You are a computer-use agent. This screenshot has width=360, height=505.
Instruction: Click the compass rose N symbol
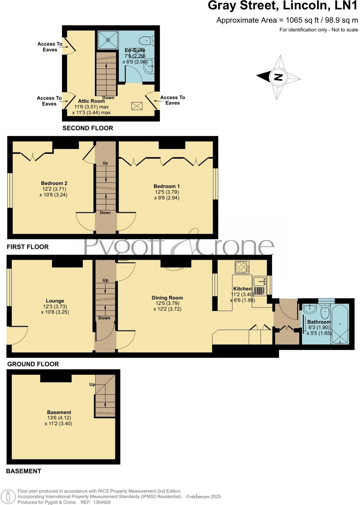[x=278, y=77]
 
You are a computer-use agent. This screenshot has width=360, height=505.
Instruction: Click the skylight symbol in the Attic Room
[x=137, y=106]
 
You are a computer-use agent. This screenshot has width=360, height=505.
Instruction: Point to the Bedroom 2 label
[x=54, y=183]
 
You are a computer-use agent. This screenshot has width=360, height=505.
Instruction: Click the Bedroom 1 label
[x=166, y=186]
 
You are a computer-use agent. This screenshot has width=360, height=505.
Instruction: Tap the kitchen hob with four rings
[x=242, y=267]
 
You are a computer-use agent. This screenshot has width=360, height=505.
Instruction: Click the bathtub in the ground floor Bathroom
[x=340, y=325]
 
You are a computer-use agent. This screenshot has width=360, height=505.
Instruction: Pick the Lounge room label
[x=55, y=301]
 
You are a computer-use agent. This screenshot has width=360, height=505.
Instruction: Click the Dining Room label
[x=167, y=298]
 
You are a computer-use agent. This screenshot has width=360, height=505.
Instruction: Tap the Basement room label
[x=59, y=412]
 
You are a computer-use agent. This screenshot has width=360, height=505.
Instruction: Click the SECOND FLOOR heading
[x=88, y=128]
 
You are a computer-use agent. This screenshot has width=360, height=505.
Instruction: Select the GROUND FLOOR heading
[x=33, y=364]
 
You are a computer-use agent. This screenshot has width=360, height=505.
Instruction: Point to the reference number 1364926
[x=102, y=502]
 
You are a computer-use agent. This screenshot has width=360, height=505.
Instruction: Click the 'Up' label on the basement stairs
[x=92, y=384]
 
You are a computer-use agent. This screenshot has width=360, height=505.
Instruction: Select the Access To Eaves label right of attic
[x=172, y=100]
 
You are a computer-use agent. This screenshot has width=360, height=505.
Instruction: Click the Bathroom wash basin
[x=310, y=309]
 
